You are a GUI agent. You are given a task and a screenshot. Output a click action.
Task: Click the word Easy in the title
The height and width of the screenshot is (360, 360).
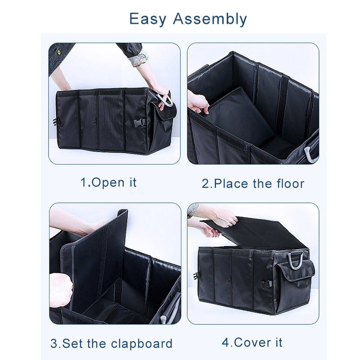[148, 19]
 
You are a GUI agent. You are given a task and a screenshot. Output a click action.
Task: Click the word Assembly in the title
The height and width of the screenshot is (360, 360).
[210, 19]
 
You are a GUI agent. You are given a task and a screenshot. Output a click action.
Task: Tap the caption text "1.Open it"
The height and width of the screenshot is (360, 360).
[108, 183]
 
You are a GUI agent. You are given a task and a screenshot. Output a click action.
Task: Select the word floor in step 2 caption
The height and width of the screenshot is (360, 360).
[290, 184]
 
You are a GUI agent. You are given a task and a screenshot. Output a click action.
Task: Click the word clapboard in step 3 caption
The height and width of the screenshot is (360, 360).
[141, 344]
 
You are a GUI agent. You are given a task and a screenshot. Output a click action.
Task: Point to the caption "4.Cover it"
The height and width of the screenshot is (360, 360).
[252, 342]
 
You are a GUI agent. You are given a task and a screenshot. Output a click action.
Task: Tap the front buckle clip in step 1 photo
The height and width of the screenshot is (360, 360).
[139, 122]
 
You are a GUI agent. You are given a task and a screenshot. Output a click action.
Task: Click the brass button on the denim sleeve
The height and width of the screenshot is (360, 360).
[59, 52]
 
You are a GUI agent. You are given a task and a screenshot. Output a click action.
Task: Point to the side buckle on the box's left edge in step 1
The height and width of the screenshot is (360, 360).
[56, 121]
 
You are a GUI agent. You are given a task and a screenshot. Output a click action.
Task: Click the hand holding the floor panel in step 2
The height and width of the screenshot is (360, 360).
[198, 102]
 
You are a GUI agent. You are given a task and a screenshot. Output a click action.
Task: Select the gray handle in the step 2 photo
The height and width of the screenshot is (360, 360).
[310, 153]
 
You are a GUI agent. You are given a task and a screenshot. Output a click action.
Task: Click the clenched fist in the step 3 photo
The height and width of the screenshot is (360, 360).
[61, 290]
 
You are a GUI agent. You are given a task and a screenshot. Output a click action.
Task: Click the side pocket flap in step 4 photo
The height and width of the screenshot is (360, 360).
[296, 271]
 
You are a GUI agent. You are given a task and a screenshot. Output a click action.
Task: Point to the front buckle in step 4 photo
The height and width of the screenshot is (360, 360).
[267, 284]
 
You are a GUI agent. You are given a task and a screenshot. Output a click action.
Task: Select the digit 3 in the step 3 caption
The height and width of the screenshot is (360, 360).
[54, 344]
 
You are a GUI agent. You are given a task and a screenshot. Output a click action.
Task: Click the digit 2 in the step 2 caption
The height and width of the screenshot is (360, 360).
[206, 184]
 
